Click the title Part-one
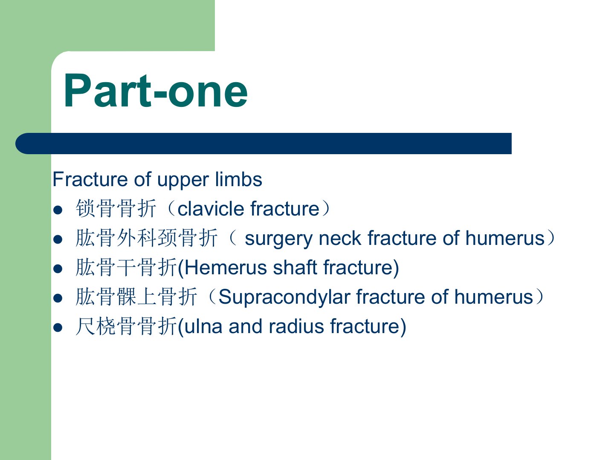pos(156,90)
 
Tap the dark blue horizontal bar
pos(263,144)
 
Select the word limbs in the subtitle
pos(239,179)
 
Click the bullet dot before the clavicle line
pos(58,210)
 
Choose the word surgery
pos(278,239)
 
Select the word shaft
pos(295,267)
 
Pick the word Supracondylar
pos(284,297)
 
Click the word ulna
pos(203,326)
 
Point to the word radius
pos(296,326)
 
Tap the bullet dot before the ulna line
pos(58,328)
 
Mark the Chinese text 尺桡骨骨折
pos(126,326)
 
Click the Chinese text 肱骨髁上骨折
pos(136,297)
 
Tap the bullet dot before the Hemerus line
pos(58,269)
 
